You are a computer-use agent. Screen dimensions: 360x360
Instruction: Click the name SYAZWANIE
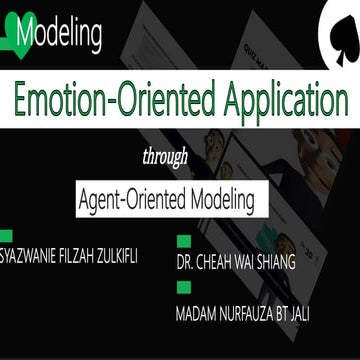[38, 256]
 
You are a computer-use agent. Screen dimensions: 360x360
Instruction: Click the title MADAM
[195, 314]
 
